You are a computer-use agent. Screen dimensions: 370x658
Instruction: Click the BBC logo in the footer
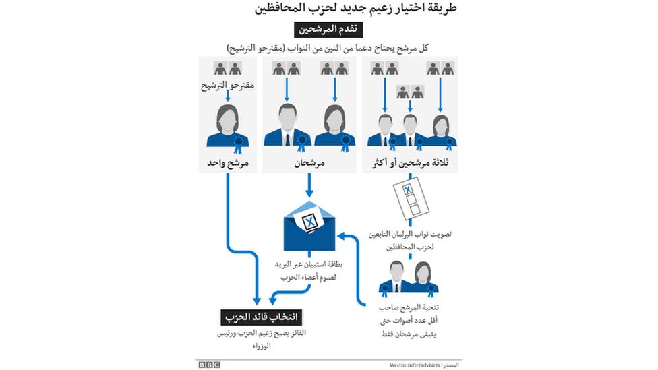pos(209,364)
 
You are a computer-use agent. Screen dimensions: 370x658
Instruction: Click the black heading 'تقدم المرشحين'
pos(328,30)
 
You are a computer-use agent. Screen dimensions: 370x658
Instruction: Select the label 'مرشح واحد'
pos(227,163)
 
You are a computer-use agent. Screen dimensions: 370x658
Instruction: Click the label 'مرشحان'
pos(310,163)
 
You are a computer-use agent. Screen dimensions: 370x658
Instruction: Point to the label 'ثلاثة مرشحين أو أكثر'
pos(411,163)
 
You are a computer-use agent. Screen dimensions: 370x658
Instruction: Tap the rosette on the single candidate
pos(239,142)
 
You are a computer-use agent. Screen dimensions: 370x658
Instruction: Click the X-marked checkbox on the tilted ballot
pos(407,190)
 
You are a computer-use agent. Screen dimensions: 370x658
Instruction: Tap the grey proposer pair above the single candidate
pos(227,68)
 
